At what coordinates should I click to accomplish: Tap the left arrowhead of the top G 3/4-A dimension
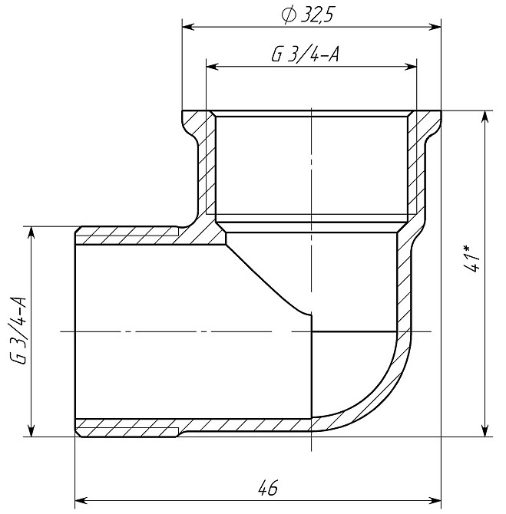(x=213, y=67)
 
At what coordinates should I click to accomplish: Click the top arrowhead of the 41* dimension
(x=485, y=117)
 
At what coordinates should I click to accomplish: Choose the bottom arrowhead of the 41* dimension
(x=485, y=430)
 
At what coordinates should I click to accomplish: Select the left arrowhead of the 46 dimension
(x=81, y=500)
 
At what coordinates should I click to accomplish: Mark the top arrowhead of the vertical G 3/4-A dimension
(x=30, y=232)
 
